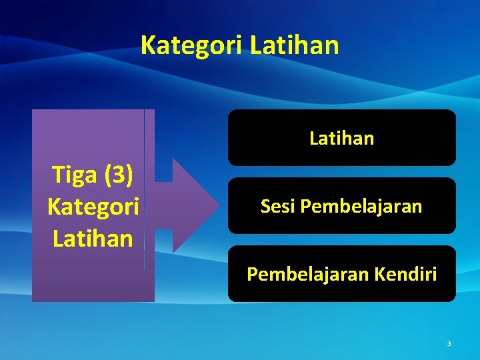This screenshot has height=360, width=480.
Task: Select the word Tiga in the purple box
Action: click(x=73, y=176)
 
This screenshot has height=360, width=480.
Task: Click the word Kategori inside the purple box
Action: click(x=93, y=207)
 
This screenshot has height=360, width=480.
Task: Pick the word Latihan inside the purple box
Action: click(x=93, y=237)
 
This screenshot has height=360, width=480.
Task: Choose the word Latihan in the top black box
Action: click(x=342, y=139)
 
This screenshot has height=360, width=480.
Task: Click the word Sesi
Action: click(x=278, y=207)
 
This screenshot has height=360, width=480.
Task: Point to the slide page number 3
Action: click(x=449, y=343)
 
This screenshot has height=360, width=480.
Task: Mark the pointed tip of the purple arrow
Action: click(x=220, y=205)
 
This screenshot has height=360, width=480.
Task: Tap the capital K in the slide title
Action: click(x=148, y=45)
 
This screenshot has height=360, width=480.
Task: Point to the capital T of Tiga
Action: click(x=58, y=176)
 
